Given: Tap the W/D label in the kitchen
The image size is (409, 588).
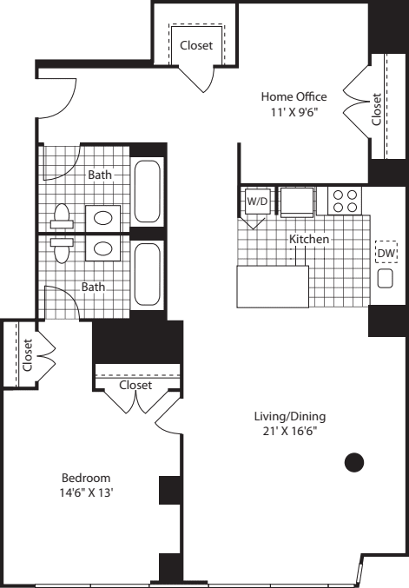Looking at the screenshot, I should coord(257,201).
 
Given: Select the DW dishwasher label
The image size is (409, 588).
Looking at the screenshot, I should coord(386,254).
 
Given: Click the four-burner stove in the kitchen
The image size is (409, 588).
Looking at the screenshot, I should coord(345,201).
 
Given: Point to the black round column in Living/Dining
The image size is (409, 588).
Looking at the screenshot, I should coord(353,463).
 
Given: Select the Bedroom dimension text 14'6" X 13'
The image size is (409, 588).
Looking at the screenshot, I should coord(85,493).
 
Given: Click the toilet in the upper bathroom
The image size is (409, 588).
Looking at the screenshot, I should coord(63,215).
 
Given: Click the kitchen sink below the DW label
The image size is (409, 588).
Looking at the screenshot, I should coord(386,279).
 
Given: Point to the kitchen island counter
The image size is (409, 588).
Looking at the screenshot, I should coord(273,286).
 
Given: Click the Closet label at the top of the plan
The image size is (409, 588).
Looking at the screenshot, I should coord(195,45).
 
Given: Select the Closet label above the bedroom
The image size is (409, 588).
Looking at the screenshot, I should coord(135,385).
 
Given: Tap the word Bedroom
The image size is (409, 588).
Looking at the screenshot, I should coord(85,478).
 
